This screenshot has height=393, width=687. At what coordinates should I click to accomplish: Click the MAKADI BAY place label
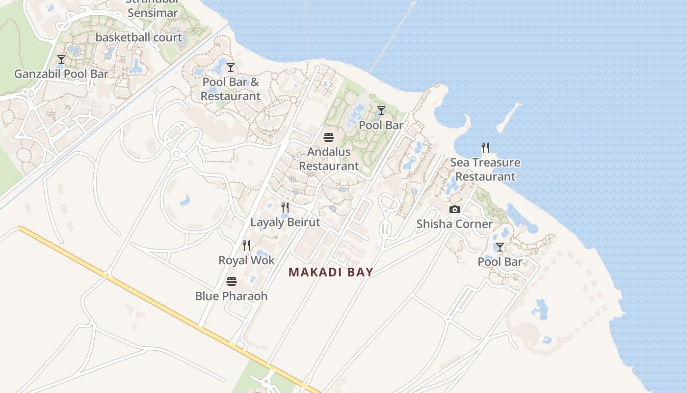pos(331,272)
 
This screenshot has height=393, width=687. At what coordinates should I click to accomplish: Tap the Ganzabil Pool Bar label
pos(61,74)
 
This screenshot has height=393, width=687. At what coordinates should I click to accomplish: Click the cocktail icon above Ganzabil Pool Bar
pos(61,59)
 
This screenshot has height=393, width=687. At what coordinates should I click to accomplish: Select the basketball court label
pos(139,37)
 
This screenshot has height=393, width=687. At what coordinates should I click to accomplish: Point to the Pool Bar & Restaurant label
pos(231,89)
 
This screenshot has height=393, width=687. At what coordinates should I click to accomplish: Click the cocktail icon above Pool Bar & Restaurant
pos(231,67)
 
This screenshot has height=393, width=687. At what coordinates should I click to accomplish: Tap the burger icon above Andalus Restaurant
pos(329,137)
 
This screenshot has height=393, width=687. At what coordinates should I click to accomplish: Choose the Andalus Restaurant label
pos(329,159)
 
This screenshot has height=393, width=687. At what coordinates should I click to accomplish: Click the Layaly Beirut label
pos(285,222)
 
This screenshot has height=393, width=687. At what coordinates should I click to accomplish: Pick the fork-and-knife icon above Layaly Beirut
pos(285,207)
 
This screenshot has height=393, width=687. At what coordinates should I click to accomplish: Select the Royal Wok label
pos(246,260)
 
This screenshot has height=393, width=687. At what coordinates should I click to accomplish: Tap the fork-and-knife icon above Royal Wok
pos(246,245)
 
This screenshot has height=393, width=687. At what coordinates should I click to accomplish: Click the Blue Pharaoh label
pos(232,296)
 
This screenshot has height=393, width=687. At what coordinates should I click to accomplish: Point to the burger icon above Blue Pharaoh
pos(232,281)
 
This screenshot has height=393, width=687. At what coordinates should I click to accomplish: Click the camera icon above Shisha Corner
pos(455,209)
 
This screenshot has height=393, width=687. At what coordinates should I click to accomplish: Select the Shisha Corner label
pos(454,224)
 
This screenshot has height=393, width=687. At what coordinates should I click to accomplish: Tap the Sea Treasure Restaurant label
pos(485,169)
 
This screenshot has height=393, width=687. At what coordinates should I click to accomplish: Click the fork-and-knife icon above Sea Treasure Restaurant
pos(485,147)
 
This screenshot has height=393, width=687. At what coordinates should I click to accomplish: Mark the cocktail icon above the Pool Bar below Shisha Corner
pos(500,247)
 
